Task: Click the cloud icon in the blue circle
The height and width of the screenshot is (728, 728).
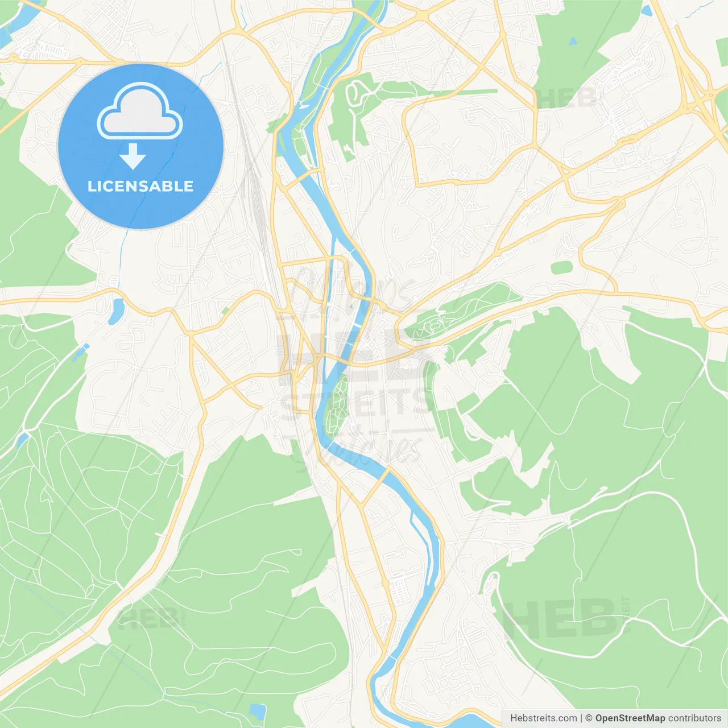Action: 140,111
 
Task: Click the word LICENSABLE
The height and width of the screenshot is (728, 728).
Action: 140,186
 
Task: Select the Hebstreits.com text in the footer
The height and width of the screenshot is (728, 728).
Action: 543,718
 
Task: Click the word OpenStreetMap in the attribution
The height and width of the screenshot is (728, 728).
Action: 630,718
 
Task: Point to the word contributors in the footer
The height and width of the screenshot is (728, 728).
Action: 694,718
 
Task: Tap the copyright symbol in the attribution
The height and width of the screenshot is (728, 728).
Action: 589,718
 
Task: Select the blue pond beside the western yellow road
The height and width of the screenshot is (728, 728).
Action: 117,310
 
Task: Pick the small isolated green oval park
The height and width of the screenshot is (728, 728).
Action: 561,267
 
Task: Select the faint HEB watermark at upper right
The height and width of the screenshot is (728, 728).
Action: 566,98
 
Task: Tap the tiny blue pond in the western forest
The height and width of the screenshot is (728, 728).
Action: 23,438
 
